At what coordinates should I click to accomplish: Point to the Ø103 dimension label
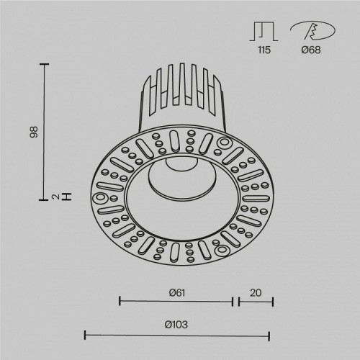(176, 325)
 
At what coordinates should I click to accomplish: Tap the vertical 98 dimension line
(46, 130)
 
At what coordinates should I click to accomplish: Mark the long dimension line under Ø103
(176, 335)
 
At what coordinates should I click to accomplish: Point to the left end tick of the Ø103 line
(86, 335)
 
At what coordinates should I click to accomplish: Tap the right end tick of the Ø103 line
(269, 335)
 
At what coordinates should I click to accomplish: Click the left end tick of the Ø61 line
(120, 301)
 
